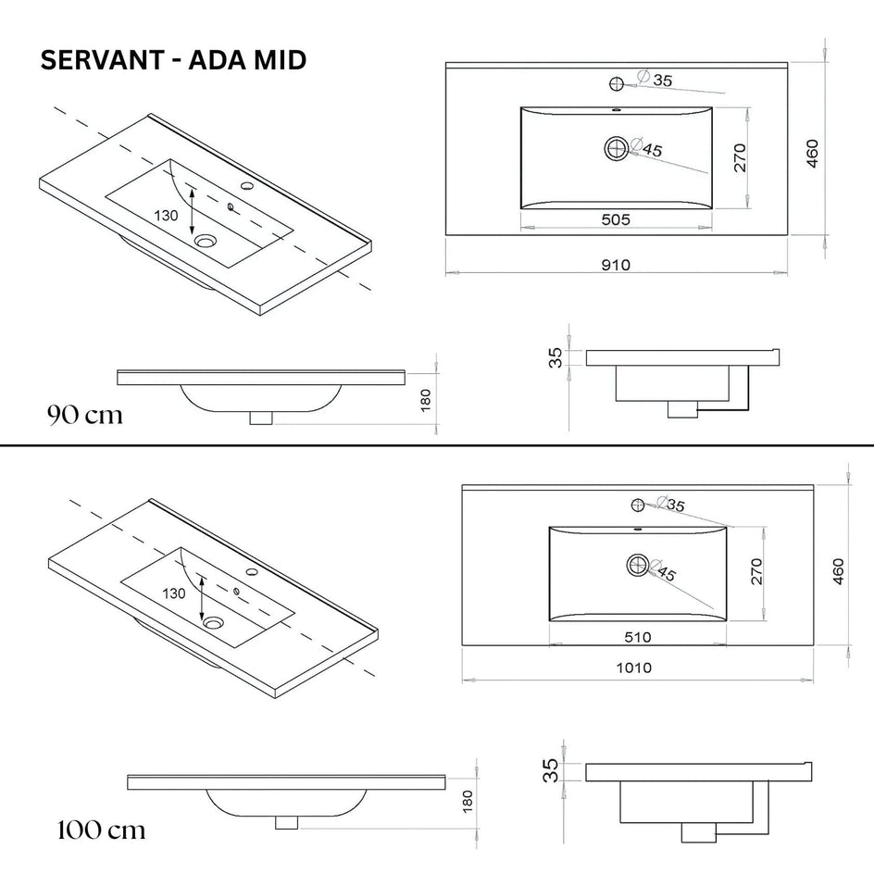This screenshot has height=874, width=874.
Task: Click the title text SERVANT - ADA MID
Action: click(174, 61)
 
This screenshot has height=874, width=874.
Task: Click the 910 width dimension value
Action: click(616, 266)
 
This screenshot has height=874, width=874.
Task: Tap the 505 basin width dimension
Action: click(616, 219)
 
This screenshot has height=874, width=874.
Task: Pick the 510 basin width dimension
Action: click(638, 637)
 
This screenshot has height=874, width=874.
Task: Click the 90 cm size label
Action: click(84, 415)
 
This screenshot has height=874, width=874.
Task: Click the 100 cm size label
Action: click(100, 829)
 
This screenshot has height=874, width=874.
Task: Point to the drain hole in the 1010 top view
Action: click(638, 563)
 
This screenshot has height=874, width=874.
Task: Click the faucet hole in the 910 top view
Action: click(618, 85)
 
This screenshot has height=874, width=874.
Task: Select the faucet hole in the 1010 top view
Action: click(638, 505)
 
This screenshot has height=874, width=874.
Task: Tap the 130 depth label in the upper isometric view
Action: click(168, 214)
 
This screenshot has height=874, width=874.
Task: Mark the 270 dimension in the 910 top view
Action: click(740, 160)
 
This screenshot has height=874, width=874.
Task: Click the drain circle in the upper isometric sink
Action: click(205, 242)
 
